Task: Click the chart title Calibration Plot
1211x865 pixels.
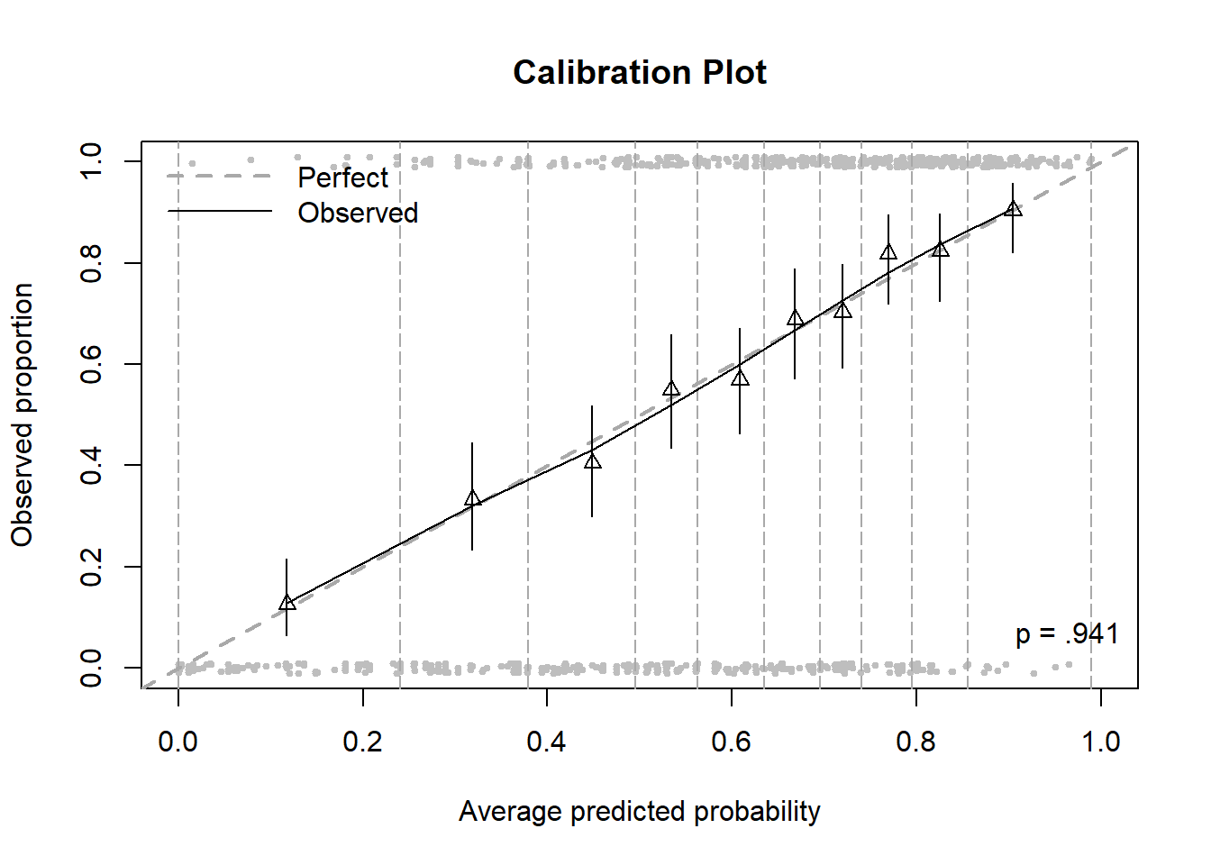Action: pyautogui.click(x=639, y=72)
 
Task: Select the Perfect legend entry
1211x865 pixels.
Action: pyautogui.click(x=342, y=178)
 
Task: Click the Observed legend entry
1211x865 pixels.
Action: pyautogui.click(x=358, y=213)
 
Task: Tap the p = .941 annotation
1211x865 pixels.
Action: pyautogui.click(x=1067, y=633)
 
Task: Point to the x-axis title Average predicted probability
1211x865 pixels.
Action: pyautogui.click(x=639, y=811)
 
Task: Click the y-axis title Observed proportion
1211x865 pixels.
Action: pyautogui.click(x=23, y=414)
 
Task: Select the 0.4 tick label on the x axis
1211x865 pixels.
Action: pyautogui.click(x=546, y=742)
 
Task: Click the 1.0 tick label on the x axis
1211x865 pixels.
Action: pyautogui.click(x=1100, y=742)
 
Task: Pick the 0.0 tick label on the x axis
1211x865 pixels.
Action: pyautogui.click(x=178, y=742)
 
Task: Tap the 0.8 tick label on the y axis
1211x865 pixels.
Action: pyautogui.click(x=91, y=263)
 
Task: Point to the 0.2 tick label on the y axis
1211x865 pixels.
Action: pyautogui.click(x=91, y=567)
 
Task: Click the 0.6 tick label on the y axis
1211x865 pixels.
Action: pyautogui.click(x=91, y=364)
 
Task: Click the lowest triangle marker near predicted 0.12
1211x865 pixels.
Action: pyautogui.click(x=287, y=603)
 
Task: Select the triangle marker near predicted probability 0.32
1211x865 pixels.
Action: pyautogui.click(x=472, y=498)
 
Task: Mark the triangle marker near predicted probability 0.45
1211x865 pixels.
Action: pyautogui.click(x=592, y=461)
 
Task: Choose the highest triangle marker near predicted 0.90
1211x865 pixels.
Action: pyautogui.click(x=1013, y=209)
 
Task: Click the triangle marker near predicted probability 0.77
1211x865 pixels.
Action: pyautogui.click(x=888, y=252)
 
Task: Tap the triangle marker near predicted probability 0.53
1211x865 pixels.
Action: pyautogui.click(x=671, y=389)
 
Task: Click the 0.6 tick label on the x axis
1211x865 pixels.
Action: pyautogui.click(x=731, y=742)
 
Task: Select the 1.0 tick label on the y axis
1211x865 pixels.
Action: pyautogui.click(x=91, y=161)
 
